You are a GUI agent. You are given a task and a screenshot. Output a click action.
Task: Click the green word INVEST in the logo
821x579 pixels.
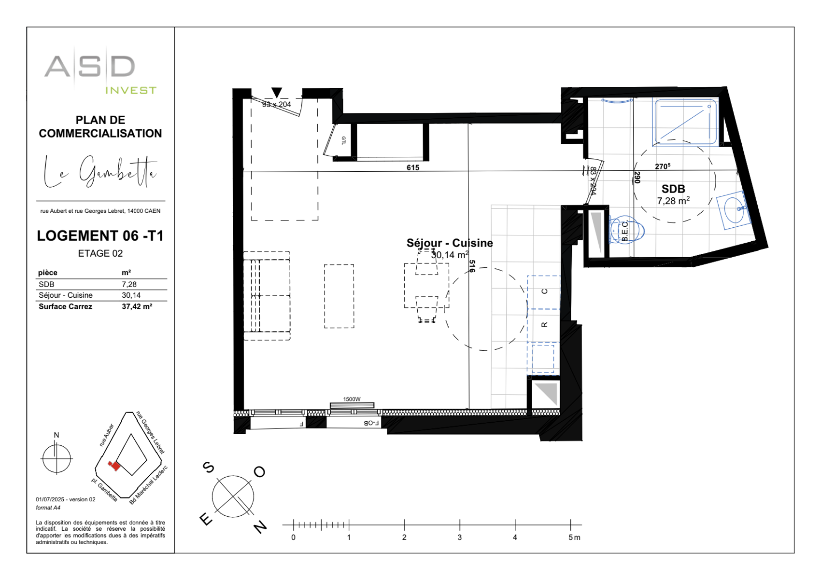pyautogui.click(x=131, y=90)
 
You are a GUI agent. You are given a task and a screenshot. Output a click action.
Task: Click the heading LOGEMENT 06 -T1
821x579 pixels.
pyautogui.click(x=100, y=236)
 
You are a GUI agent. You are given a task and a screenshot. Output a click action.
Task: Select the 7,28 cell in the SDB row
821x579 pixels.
pyautogui.click(x=129, y=285)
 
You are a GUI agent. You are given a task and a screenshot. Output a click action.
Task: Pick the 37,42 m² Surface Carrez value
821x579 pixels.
pyautogui.click(x=137, y=306)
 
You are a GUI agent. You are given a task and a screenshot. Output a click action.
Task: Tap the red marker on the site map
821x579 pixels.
pyautogui.click(x=115, y=466)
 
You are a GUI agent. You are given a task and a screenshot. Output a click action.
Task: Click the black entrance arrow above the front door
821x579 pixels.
pyautogui.click(x=276, y=92)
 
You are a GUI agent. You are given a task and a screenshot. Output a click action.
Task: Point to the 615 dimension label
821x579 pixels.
pyautogui.click(x=413, y=167)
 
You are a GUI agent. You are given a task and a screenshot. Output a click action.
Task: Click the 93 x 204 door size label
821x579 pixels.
pyautogui.click(x=277, y=104)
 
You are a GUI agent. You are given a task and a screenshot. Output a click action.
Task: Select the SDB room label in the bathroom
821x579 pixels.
pyautogui.click(x=673, y=189)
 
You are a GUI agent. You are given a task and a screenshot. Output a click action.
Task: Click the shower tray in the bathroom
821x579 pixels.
pyautogui.click(x=685, y=122)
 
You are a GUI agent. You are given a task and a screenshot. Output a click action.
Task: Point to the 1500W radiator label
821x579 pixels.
pyautogui.click(x=352, y=399)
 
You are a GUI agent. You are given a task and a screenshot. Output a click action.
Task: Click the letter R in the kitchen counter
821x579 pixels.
pyautogui.click(x=544, y=325)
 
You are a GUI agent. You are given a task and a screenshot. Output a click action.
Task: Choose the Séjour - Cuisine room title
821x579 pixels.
pyautogui.click(x=450, y=243)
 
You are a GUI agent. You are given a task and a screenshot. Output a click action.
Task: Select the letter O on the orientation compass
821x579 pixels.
pyautogui.click(x=260, y=471)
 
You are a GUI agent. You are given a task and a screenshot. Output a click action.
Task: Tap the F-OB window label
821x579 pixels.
pyautogui.click(x=371, y=423)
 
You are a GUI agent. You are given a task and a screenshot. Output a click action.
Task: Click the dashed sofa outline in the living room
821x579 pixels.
pyautogui.click(x=267, y=295)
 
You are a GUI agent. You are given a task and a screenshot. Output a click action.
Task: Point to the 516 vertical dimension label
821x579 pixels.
pyautogui.click(x=472, y=267)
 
